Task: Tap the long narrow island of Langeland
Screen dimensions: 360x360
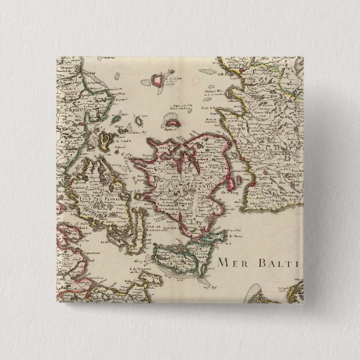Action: pos(140,224)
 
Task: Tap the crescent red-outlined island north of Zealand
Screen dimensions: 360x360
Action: pos(173,125)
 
